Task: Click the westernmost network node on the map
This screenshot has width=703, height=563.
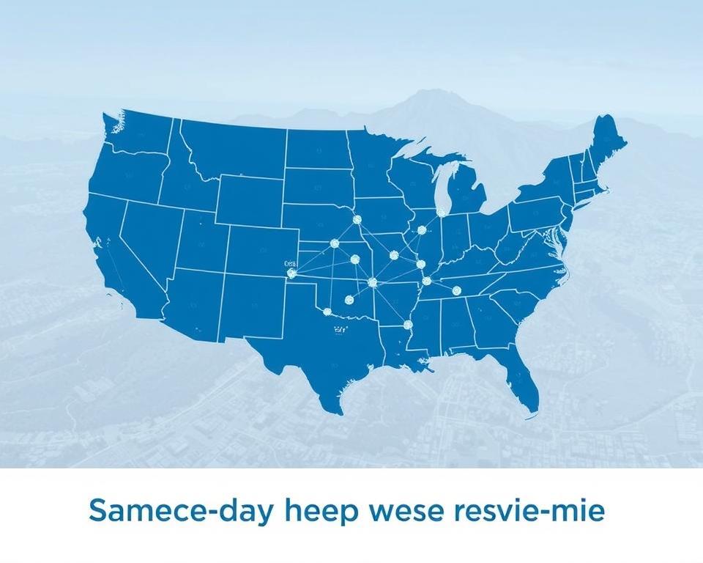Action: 291,273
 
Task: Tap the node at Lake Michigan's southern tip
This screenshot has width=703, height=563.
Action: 441,213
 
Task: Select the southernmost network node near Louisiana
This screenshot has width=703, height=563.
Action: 409,325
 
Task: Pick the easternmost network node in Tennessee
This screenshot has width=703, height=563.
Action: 456,290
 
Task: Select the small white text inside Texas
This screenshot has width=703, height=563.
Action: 338,331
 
